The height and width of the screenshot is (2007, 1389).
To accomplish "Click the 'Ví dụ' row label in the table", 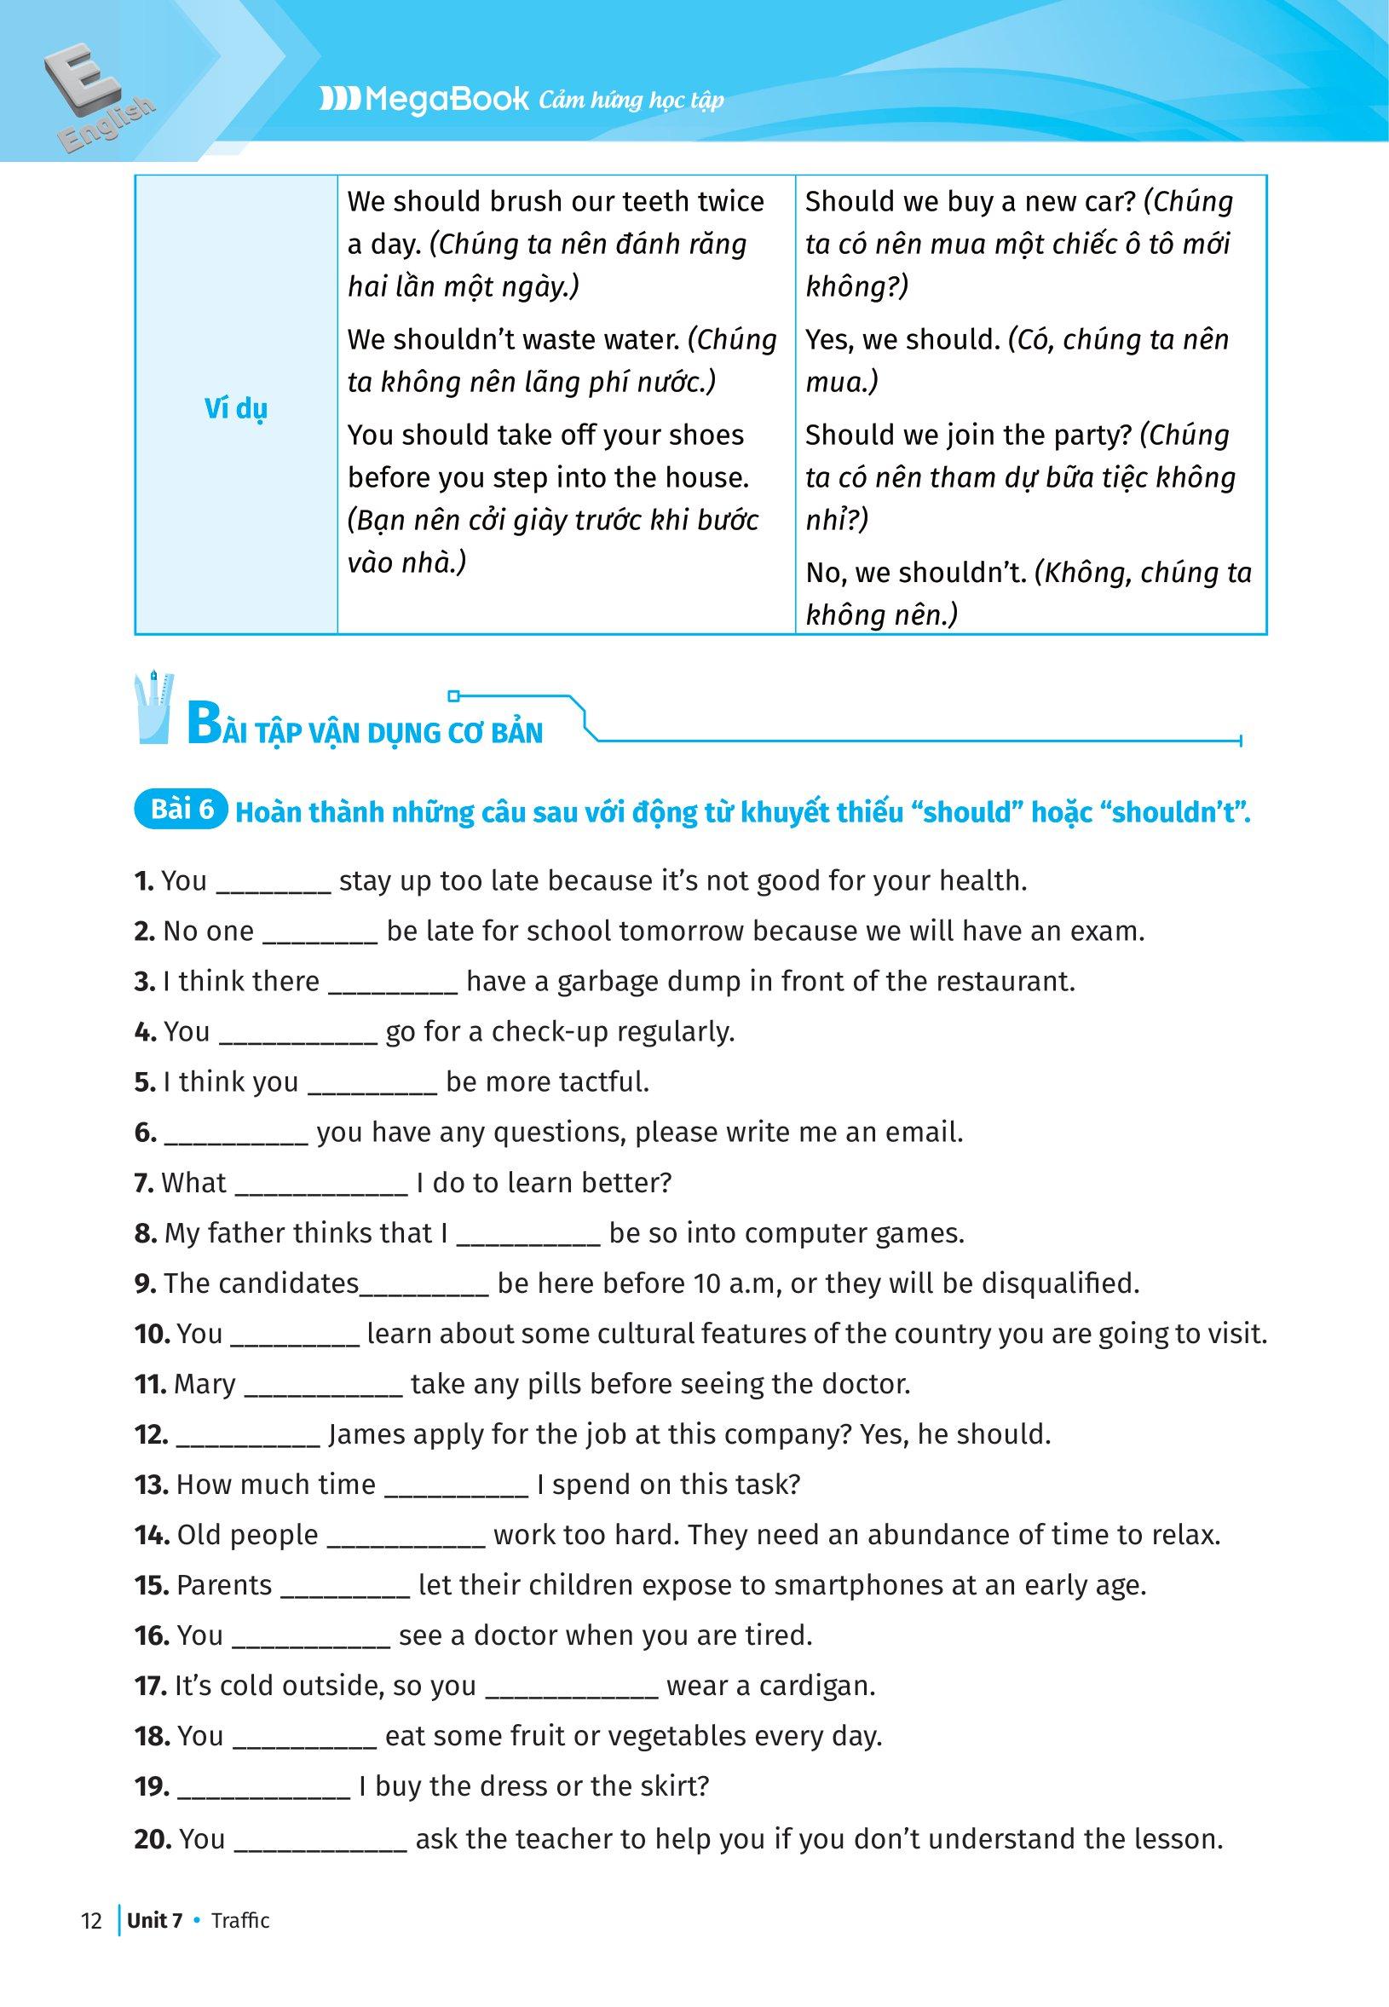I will pyautogui.click(x=236, y=408).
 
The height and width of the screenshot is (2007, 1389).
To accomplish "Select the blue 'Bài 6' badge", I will pyautogui.click(x=182, y=810).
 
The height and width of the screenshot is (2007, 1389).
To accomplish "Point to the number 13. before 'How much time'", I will pyautogui.click(x=151, y=1485).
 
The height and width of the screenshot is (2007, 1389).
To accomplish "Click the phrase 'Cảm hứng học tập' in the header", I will pyautogui.click(x=631, y=101).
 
